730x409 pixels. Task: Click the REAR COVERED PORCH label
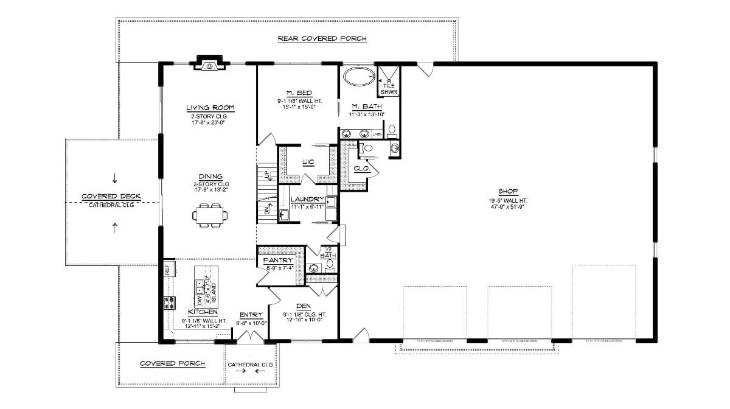click(x=322, y=39)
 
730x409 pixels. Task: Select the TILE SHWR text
click(x=389, y=89)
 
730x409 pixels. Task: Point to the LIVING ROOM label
click(x=210, y=108)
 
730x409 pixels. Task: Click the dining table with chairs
click(x=210, y=217)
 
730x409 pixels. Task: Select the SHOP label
click(x=507, y=191)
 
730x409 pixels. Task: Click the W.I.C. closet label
click(x=308, y=163)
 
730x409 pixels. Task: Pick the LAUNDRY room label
click(x=308, y=200)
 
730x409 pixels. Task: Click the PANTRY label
click(x=278, y=260)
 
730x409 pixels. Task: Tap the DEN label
click(x=304, y=306)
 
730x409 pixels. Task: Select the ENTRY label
click(x=251, y=315)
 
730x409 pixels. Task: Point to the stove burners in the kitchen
click(x=169, y=302)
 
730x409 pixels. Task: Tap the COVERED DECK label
click(x=111, y=197)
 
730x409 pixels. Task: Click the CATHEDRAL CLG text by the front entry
click(x=250, y=365)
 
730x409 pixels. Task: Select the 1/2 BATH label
click(x=328, y=252)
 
